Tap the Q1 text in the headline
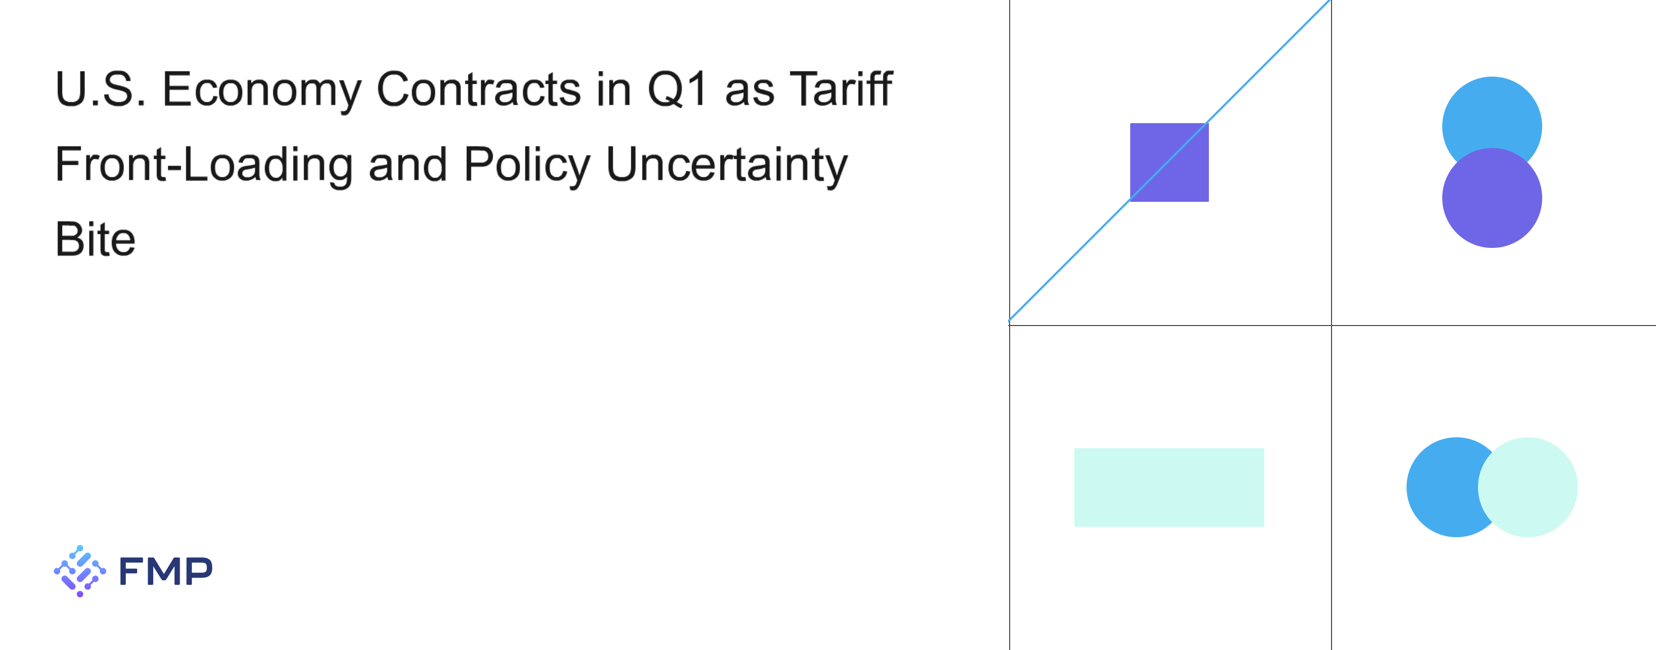(677, 90)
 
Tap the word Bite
(95, 239)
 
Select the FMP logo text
(166, 571)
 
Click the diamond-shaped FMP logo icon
(80, 571)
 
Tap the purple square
(1170, 163)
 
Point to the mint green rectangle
(1170, 488)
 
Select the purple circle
(1492, 198)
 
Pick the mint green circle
(1528, 488)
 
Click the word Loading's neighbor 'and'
(408, 165)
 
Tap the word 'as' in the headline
(749, 94)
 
